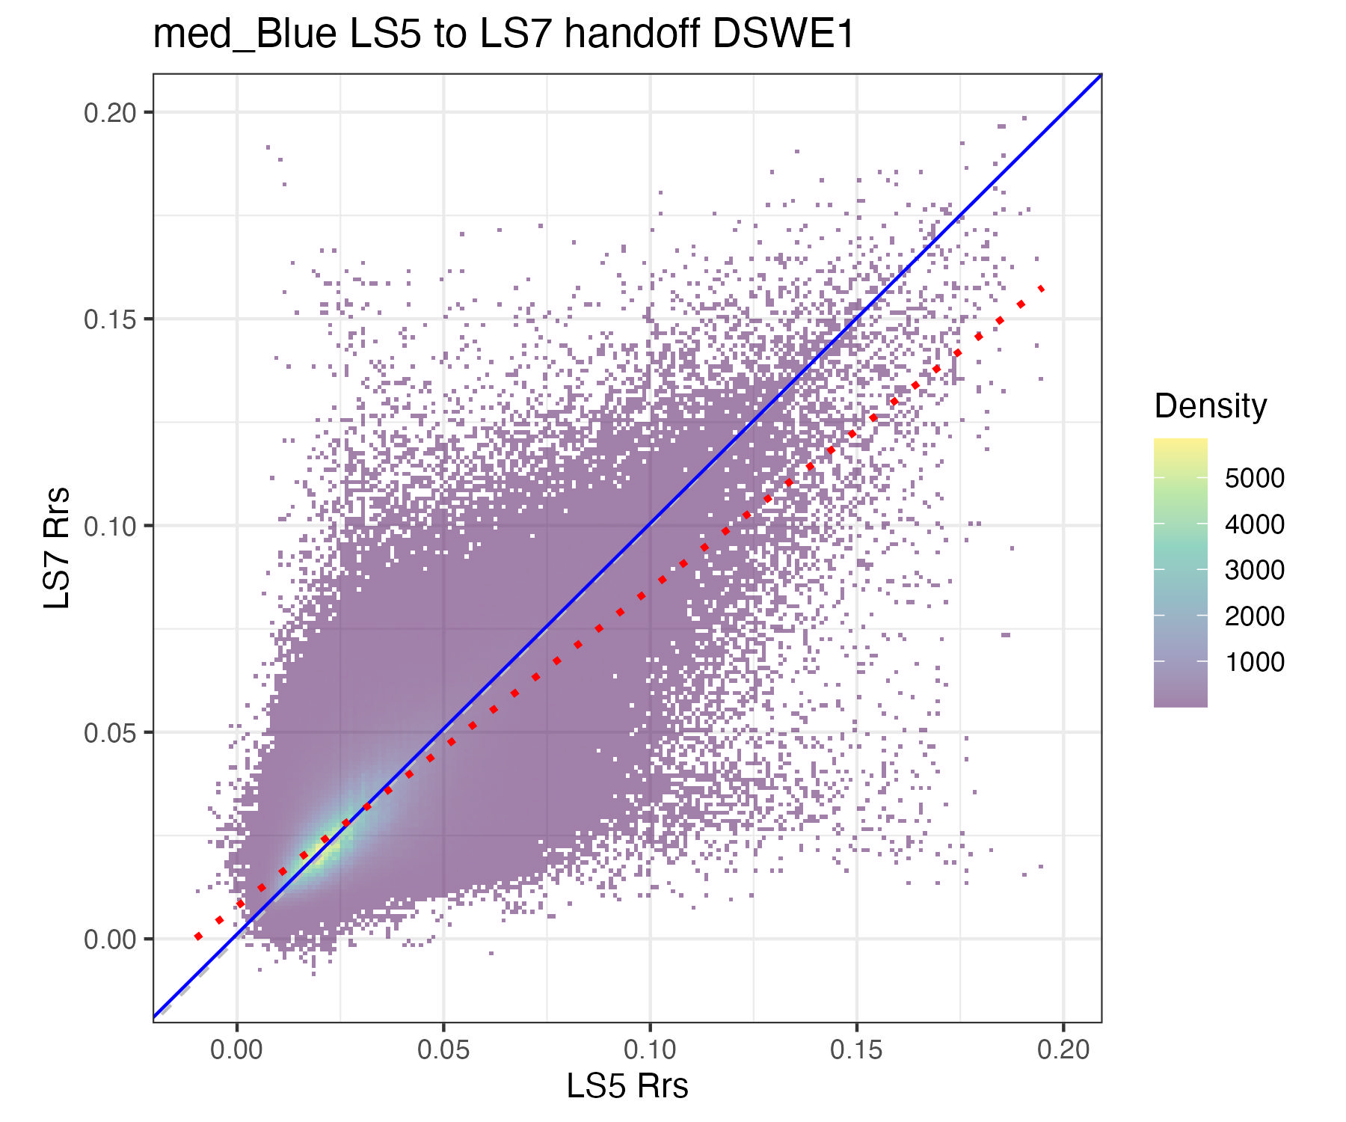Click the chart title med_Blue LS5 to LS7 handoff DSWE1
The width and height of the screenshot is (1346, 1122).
(503, 34)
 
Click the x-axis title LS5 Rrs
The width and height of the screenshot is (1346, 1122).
(627, 1086)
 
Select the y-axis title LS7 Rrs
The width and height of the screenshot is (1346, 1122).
(57, 548)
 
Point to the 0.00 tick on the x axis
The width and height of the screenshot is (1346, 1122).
(236, 1049)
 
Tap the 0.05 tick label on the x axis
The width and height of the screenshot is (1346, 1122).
(443, 1049)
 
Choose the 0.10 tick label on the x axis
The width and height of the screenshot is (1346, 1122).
(650, 1049)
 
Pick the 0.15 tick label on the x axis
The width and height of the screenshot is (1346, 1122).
(856, 1049)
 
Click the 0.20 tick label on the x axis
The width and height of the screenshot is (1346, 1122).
(1063, 1049)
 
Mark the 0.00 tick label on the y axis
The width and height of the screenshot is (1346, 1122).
(109, 939)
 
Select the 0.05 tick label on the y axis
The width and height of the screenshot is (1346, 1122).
(109, 732)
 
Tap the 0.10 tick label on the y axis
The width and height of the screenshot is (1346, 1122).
(109, 526)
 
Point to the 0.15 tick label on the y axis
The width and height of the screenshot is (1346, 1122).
(109, 319)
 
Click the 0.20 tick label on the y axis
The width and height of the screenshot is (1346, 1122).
(109, 113)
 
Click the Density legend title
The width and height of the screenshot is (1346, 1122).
(1210, 406)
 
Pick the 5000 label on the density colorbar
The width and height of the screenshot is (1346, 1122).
(1254, 478)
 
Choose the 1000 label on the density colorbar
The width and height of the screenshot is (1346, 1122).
(1254, 662)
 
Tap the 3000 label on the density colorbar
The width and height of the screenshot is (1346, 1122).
(1254, 570)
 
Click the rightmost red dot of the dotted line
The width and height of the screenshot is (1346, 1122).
(1042, 289)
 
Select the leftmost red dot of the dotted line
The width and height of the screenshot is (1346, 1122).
(198, 936)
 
